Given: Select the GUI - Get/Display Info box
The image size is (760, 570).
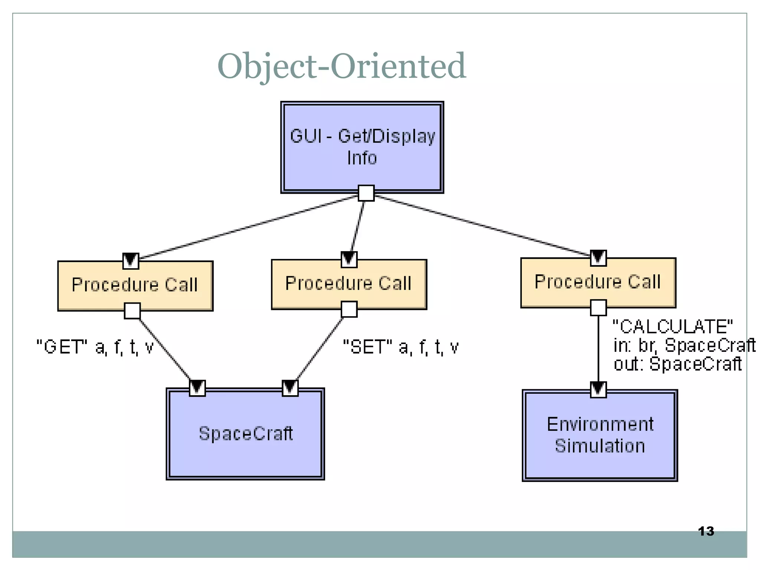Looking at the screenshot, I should pos(362,147).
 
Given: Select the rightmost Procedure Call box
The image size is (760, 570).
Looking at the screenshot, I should pos(598,282).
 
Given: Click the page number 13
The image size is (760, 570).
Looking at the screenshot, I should pos(706,531).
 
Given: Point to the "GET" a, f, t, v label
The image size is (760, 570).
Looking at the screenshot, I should pos(95,347).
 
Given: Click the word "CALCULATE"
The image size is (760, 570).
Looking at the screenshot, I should pos(672,327).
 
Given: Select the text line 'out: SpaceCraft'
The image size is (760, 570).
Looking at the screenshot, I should pos(677,364).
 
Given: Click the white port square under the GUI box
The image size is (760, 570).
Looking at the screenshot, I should pos(366,193).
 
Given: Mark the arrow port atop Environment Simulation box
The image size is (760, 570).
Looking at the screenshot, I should pos(598,389).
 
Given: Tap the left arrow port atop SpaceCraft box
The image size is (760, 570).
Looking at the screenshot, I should pos(197,388).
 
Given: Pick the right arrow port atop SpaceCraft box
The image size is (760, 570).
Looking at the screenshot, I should pos(290,388).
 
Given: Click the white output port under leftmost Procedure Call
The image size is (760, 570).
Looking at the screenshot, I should pos(132,311).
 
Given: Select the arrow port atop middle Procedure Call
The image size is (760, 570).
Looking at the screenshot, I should pos(349,259).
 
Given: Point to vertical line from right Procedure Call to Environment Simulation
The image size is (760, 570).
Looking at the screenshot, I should pos(598,349).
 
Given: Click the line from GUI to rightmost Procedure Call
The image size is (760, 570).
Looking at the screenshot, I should pos(482,225).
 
